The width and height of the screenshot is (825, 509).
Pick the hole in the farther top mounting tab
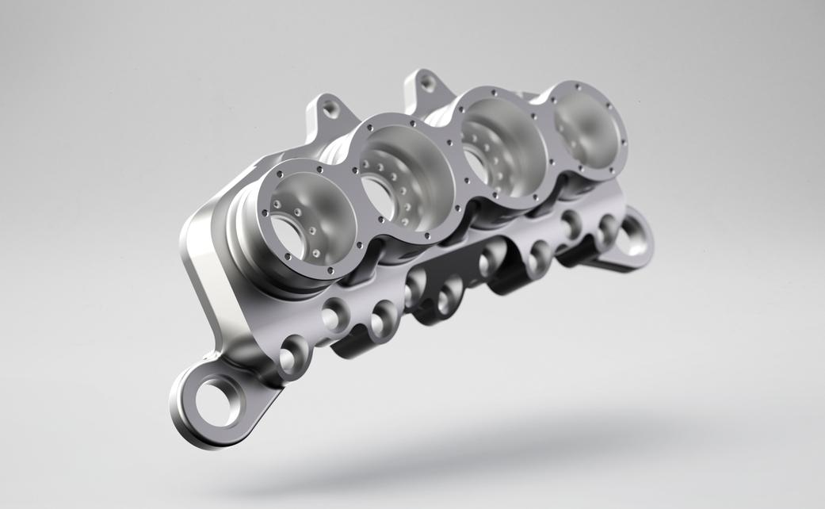pos(427,81)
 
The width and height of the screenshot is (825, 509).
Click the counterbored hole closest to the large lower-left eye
pos(291,356)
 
